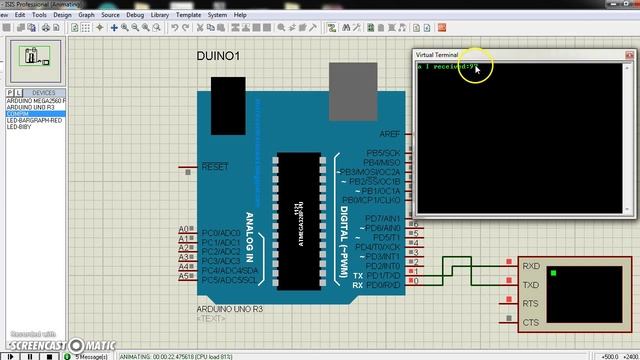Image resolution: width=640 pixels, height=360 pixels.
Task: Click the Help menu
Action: (240, 15)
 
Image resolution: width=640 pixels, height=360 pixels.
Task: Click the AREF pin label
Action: (389, 133)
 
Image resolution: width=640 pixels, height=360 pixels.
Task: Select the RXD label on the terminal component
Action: (530, 266)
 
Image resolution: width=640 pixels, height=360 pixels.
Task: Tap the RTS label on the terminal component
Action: (530, 303)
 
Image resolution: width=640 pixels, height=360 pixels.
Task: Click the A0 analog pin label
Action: (184, 230)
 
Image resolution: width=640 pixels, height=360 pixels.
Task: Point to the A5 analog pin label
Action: (184, 276)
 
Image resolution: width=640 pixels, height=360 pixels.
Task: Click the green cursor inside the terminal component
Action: (552, 271)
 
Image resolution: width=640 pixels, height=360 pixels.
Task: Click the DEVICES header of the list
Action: (43, 92)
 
